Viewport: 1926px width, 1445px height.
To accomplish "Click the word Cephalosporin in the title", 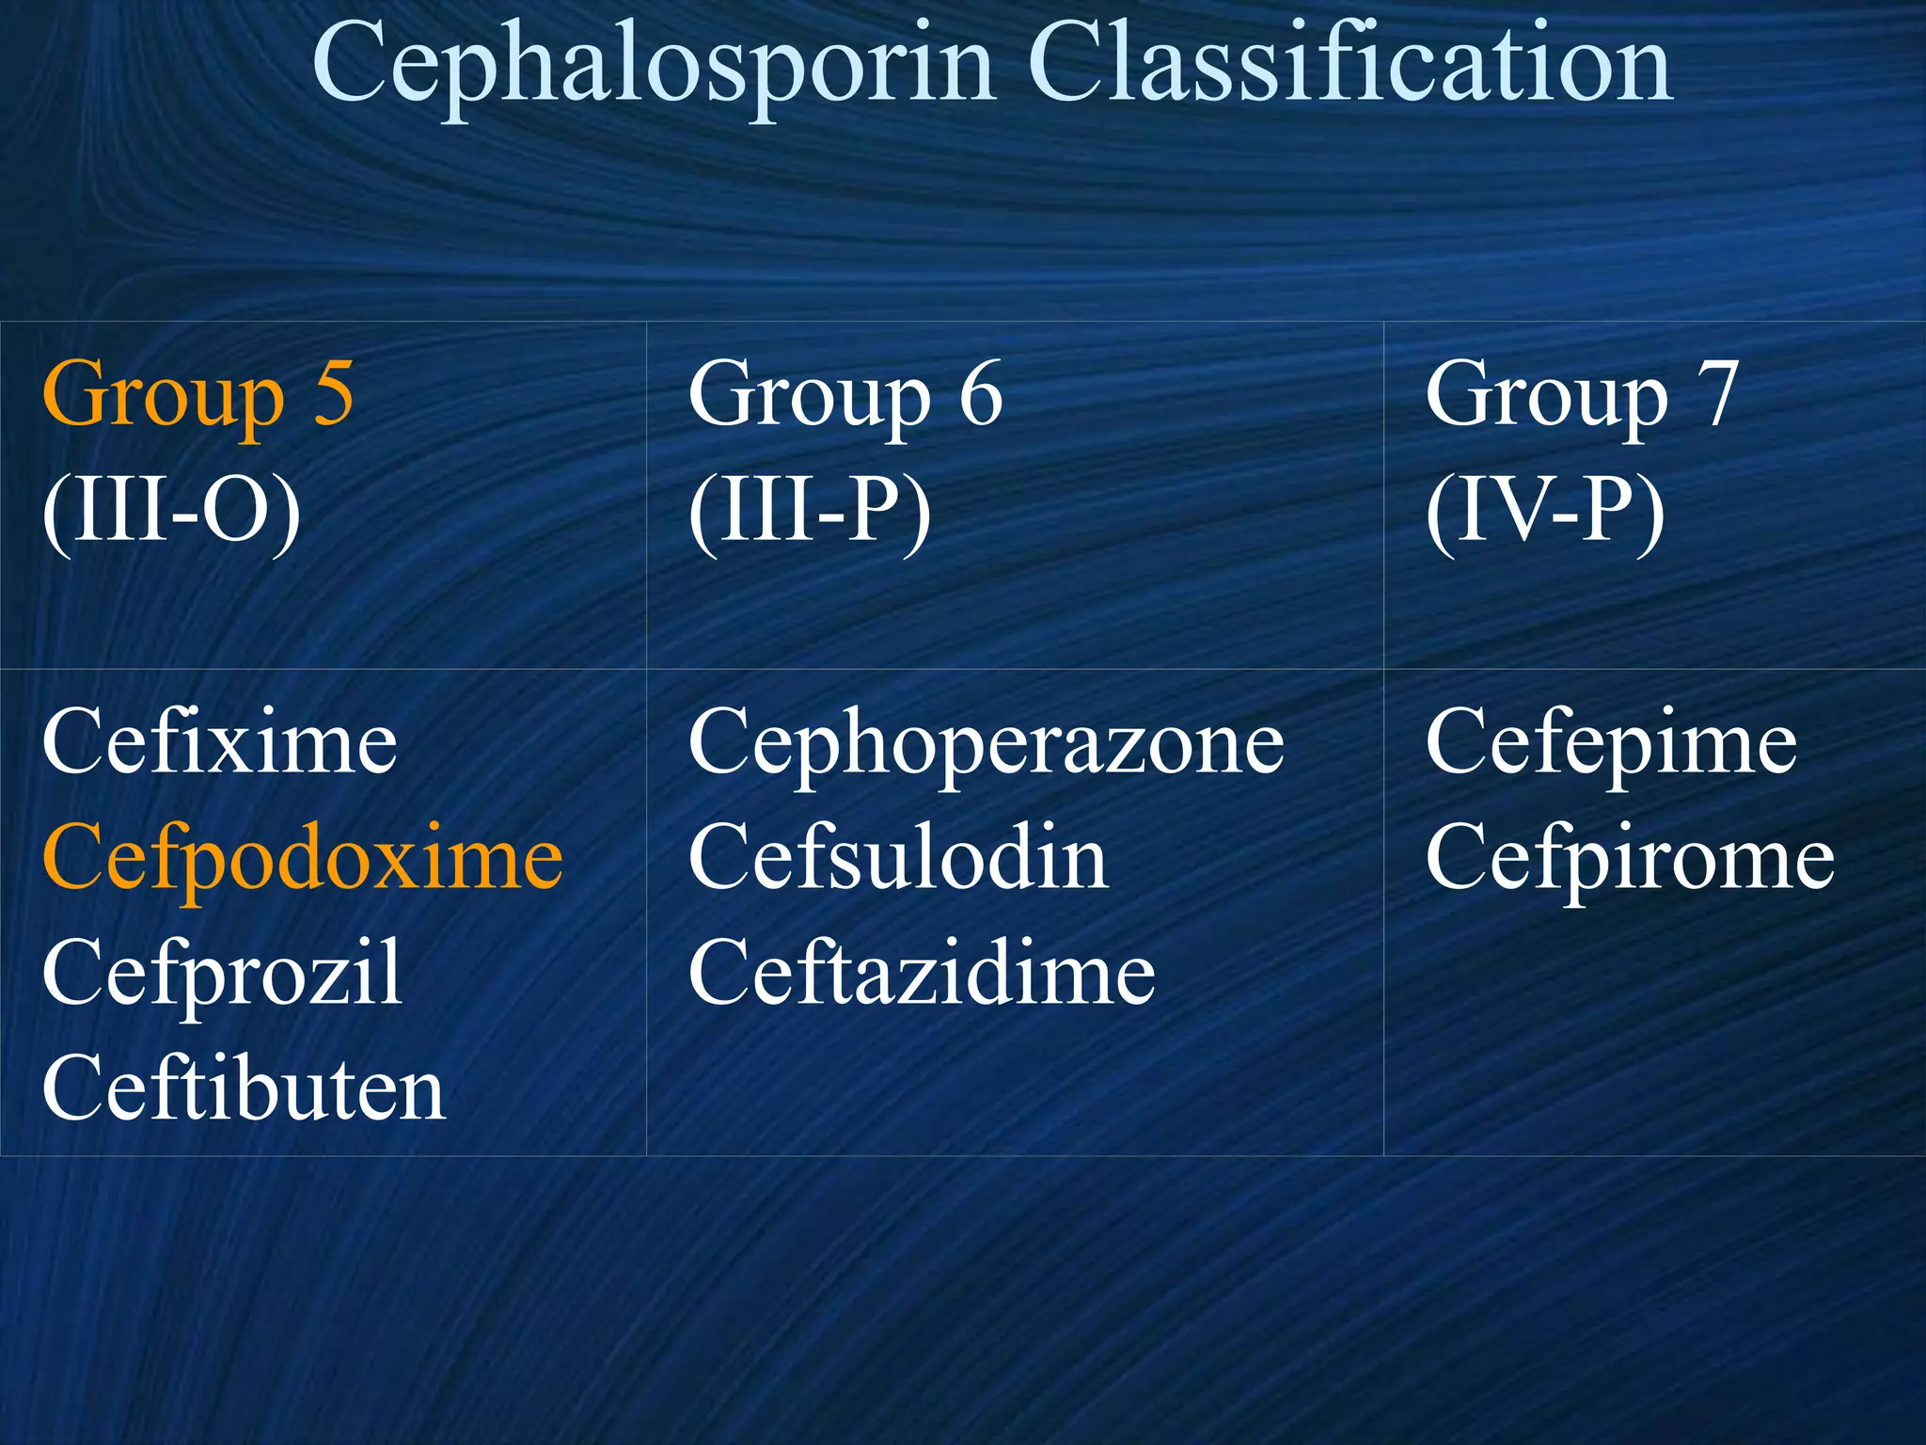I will point(653,66).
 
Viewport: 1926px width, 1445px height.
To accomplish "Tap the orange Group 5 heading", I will point(197,395).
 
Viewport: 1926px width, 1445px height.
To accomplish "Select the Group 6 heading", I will point(845,395).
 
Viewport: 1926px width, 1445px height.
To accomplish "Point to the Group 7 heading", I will point(1580,395).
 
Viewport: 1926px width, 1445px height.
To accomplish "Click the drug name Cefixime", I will point(220,742).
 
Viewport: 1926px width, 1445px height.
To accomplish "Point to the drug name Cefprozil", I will point(222,973).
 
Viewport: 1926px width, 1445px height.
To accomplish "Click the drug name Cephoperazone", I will point(986,744).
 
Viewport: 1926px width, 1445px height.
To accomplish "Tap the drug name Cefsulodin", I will point(898,856).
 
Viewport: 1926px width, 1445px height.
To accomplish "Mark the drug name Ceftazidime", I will point(922,973).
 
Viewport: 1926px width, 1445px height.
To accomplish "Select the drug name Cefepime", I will point(1611,744).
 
